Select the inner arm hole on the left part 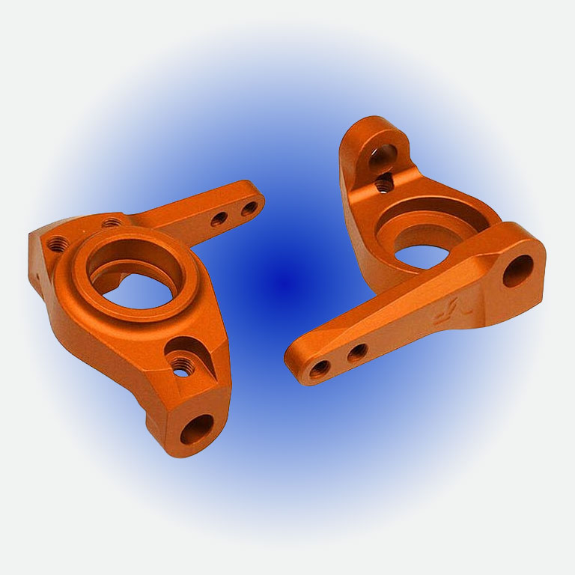click(x=219, y=219)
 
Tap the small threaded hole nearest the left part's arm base click(x=111, y=222)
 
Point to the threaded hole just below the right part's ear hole click(x=383, y=182)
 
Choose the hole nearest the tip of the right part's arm click(x=320, y=367)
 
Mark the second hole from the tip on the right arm click(x=356, y=350)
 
